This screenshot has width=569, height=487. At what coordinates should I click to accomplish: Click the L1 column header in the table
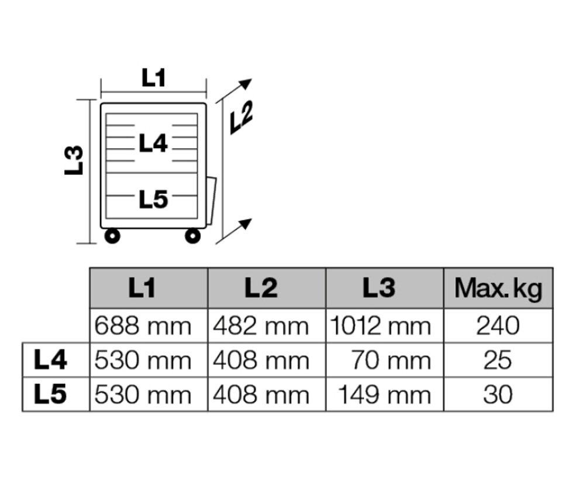pyautogui.click(x=142, y=288)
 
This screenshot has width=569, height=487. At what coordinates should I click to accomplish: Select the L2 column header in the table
pyautogui.click(x=261, y=288)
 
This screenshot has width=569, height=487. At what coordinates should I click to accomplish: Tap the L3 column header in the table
pyautogui.click(x=379, y=288)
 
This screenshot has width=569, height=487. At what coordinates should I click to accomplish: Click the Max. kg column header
pyautogui.click(x=498, y=289)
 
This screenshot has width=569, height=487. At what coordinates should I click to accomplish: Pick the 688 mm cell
pyautogui.click(x=143, y=326)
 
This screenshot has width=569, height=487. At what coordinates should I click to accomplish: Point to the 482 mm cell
pyautogui.click(x=261, y=326)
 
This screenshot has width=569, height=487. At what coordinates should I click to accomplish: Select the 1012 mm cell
pyautogui.click(x=380, y=326)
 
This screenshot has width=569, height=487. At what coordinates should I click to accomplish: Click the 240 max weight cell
pyautogui.click(x=498, y=326)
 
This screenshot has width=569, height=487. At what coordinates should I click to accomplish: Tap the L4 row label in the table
pyautogui.click(x=50, y=360)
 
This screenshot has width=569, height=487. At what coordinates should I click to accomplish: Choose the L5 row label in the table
pyautogui.click(x=50, y=395)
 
